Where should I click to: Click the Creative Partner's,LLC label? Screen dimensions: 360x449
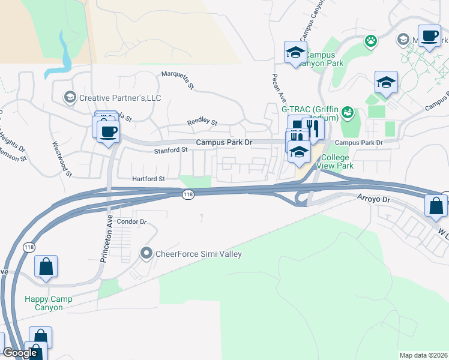(x=120, y=98)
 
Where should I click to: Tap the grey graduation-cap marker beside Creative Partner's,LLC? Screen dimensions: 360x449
(x=70, y=97)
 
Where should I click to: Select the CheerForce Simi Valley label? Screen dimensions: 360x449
(x=198, y=254)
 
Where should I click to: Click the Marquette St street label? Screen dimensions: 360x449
(x=178, y=81)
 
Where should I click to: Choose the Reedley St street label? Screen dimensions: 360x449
(x=202, y=122)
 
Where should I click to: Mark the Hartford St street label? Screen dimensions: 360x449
(x=148, y=179)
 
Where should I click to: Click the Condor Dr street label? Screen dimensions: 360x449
(x=131, y=221)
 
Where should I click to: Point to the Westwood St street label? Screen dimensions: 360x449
(x=62, y=159)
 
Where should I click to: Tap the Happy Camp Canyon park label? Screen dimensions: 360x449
(x=48, y=303)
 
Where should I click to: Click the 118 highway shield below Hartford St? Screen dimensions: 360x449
(x=188, y=194)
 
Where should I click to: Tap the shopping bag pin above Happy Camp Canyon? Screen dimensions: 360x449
(x=46, y=267)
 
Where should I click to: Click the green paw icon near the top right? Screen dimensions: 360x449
(x=372, y=41)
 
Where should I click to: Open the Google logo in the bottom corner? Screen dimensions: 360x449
(x=20, y=353)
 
